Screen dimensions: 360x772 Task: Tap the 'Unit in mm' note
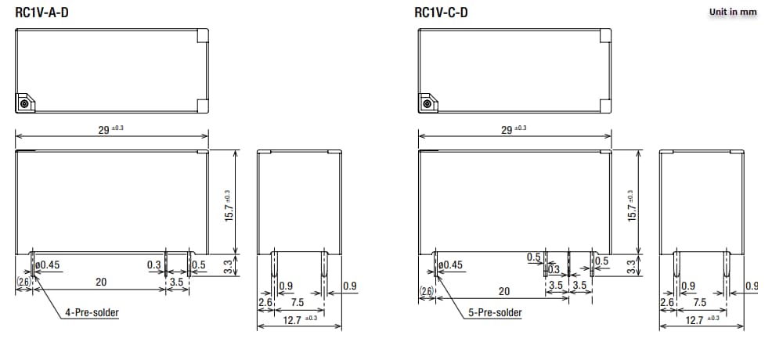[733, 12]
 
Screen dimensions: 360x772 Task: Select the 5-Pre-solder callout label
[495, 313]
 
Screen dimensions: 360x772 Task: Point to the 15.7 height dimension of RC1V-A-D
[229, 206]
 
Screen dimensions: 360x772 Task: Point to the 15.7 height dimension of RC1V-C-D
[632, 206]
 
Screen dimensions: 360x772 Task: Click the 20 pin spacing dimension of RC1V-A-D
[101, 281]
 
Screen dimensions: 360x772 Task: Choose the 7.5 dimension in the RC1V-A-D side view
[298, 302]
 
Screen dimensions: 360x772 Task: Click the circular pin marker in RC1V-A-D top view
[24, 103]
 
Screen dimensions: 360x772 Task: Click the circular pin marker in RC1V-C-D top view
[427, 103]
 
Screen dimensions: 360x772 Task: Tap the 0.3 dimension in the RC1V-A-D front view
[154, 265]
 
